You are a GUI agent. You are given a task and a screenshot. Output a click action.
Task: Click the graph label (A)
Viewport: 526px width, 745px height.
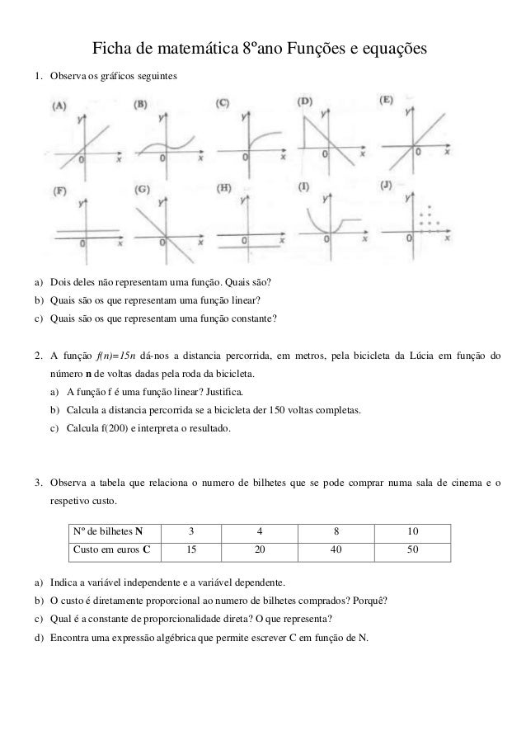coord(60,106)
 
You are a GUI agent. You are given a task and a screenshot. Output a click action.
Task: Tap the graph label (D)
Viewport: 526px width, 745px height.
coord(305,101)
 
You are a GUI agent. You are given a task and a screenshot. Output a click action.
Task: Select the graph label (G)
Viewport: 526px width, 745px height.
coord(142,189)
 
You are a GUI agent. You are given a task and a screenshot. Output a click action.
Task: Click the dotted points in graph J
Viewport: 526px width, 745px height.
coord(428,219)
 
